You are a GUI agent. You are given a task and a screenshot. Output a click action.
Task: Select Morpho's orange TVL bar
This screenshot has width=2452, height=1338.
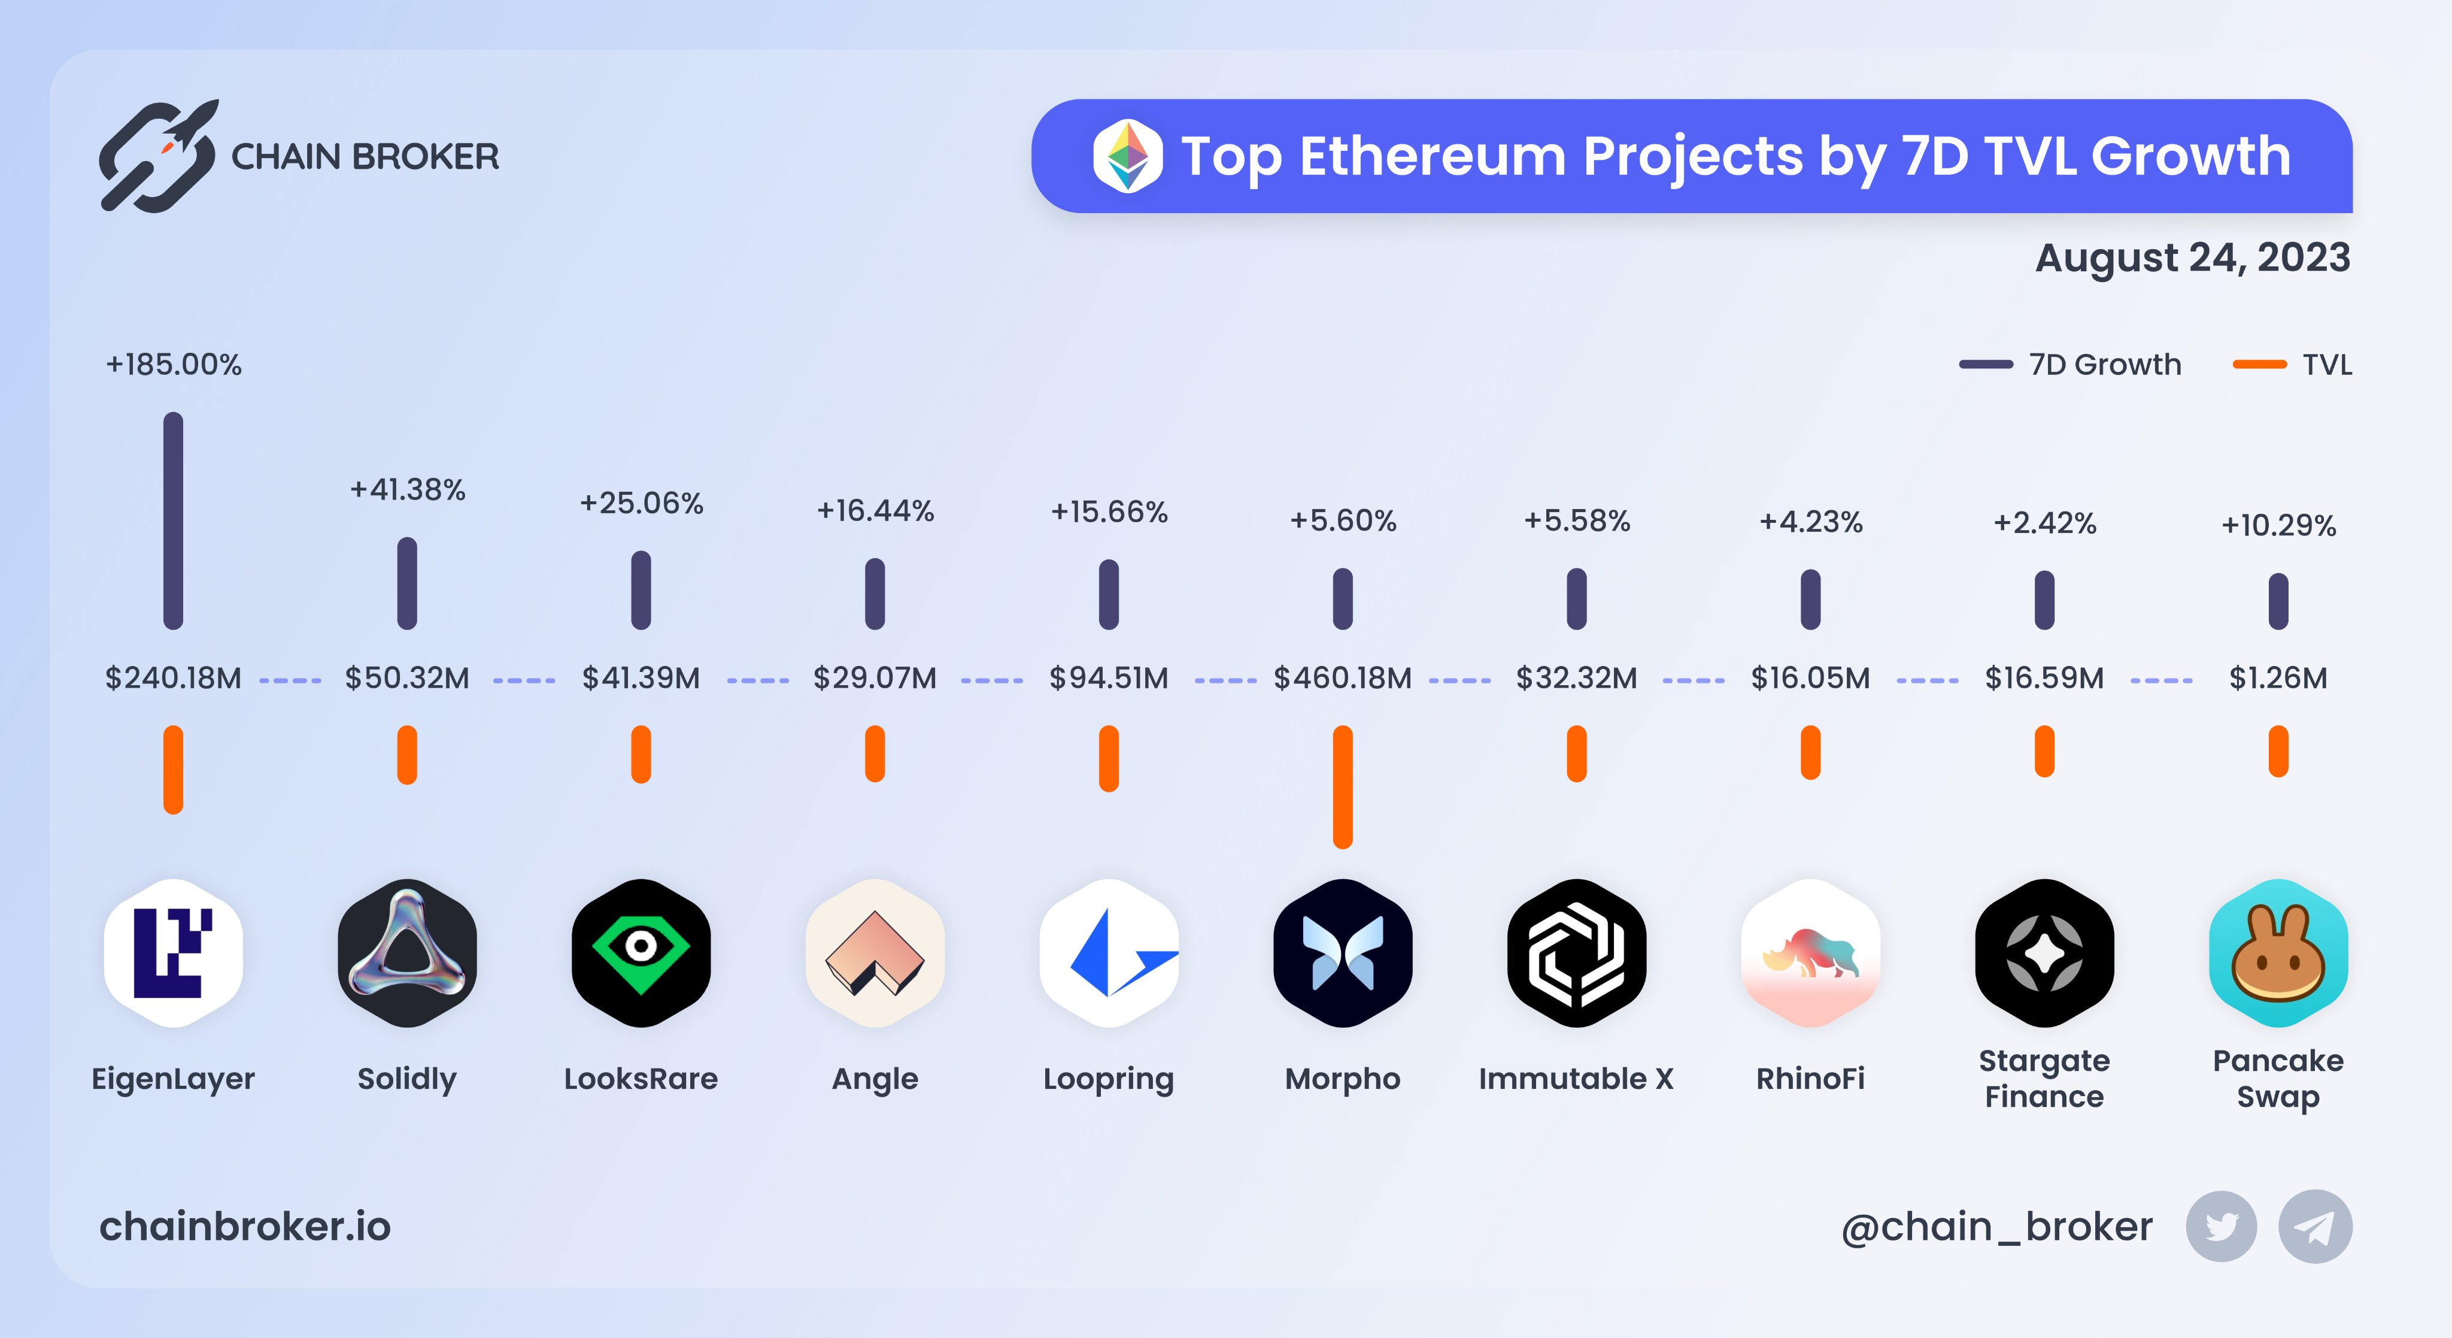click(x=1342, y=786)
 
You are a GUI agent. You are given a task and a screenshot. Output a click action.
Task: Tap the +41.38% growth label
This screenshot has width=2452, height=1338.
click(x=408, y=489)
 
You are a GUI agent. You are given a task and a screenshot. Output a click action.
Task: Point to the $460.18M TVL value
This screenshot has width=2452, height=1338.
click(x=1342, y=678)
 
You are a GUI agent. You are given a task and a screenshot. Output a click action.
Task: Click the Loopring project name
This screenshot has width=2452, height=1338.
click(x=1108, y=1079)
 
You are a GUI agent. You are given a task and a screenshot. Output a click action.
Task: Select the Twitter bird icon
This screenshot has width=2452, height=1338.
click(x=2221, y=1227)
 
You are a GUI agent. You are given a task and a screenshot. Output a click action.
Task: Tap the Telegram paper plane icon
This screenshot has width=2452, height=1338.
click(x=2314, y=1227)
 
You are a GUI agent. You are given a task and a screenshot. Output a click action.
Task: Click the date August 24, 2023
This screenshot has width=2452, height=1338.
click(x=2192, y=257)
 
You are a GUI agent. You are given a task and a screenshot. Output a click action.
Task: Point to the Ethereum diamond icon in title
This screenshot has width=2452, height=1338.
click(x=1128, y=156)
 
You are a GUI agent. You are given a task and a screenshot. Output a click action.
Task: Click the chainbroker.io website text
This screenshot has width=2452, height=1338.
click(x=245, y=1227)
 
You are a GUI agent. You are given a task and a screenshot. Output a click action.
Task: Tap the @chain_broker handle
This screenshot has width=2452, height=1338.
click(x=1996, y=1227)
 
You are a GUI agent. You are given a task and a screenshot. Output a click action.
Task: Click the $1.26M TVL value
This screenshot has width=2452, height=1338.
click(x=2278, y=678)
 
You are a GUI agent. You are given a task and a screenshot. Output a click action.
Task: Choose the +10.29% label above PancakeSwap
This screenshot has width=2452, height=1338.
click(x=2278, y=525)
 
